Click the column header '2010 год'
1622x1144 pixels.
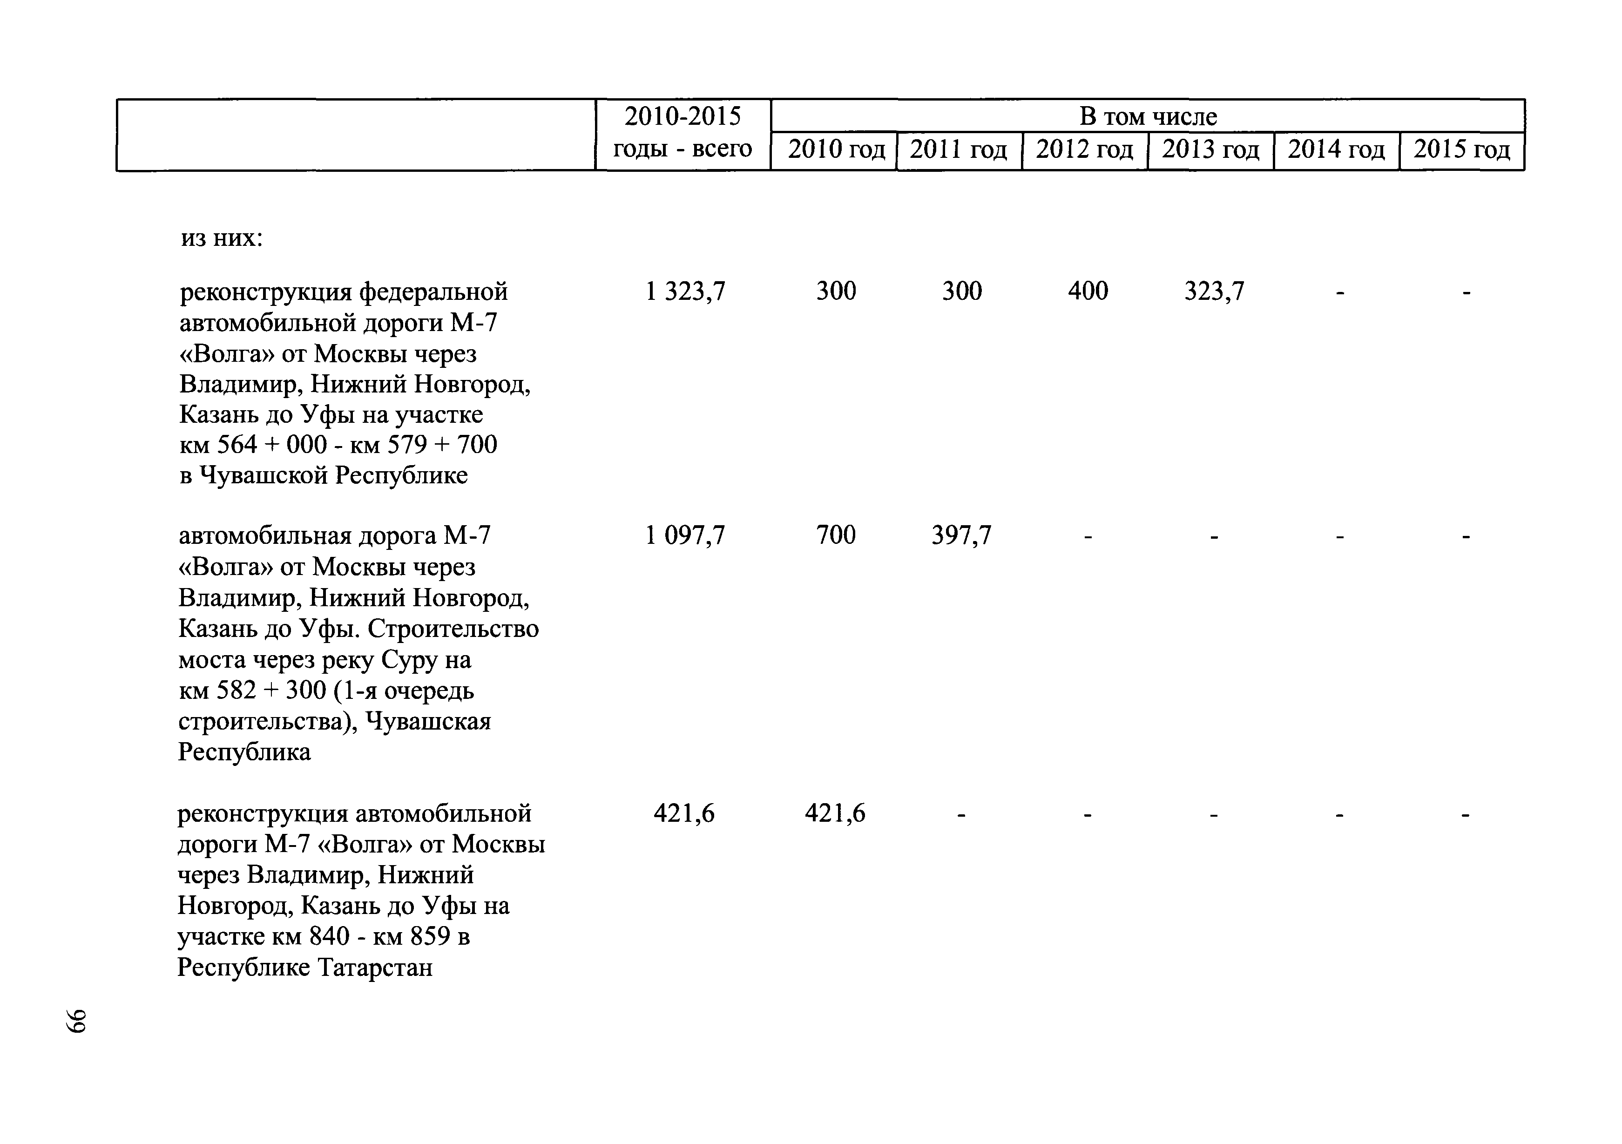point(836,150)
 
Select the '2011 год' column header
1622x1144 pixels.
point(958,150)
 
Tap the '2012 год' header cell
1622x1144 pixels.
point(1084,150)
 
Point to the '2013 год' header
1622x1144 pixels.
point(1210,150)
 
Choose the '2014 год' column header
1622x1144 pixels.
point(1336,150)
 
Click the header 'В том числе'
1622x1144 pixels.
point(1148,116)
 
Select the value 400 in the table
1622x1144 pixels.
point(1088,291)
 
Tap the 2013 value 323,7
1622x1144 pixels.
point(1214,291)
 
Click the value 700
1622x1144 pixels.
point(836,535)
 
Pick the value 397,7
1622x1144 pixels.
point(961,535)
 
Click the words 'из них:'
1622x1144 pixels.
point(222,238)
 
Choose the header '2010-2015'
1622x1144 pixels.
point(683,116)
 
